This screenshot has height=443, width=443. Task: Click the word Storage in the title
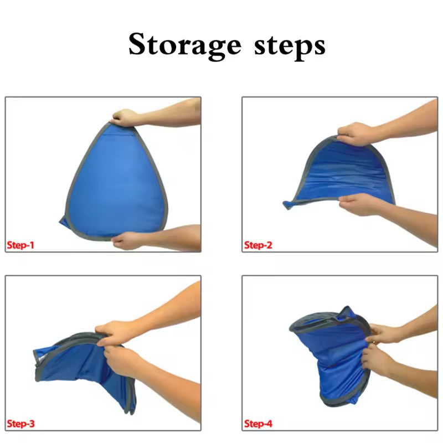point(185,45)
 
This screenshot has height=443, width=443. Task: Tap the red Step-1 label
point(20,245)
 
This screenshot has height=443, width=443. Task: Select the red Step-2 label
point(258,245)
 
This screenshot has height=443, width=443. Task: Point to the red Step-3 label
point(20,424)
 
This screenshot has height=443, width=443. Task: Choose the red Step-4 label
point(258,424)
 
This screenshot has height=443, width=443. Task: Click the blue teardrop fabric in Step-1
point(116,181)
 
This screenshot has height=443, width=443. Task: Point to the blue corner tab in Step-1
point(63,221)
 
